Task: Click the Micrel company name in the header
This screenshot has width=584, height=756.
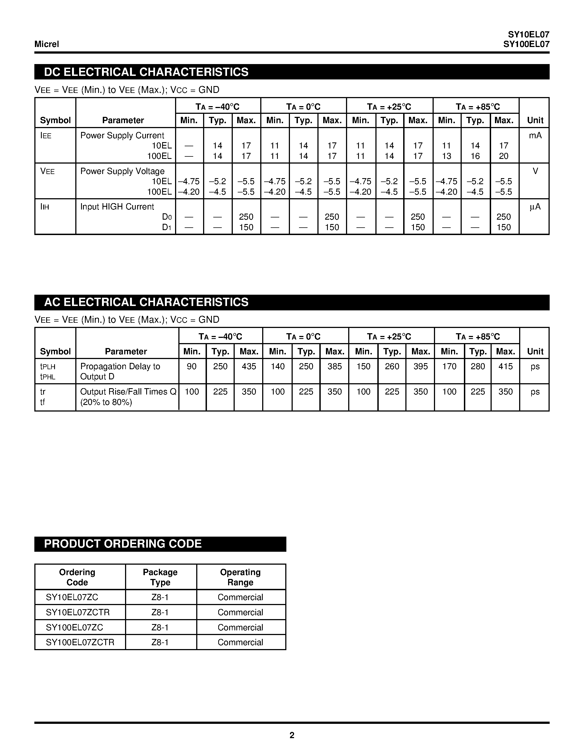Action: tap(47, 44)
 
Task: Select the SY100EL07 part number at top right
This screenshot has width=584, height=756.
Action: tap(526, 44)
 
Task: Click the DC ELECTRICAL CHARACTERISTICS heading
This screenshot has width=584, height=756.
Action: tap(146, 72)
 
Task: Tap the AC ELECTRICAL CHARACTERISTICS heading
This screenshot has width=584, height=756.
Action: tap(146, 302)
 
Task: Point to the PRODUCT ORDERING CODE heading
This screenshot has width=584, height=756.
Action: tap(123, 543)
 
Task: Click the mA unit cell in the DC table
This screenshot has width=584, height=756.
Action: tap(535, 135)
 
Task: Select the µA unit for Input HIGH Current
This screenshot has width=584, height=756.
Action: tap(535, 207)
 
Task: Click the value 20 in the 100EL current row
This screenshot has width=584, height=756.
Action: tap(503, 156)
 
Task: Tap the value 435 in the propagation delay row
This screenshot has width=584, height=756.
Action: tap(249, 366)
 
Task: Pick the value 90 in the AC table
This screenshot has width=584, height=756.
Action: tap(192, 366)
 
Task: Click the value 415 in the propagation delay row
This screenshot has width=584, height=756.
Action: tap(505, 366)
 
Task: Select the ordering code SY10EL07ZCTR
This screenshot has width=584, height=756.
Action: tap(78, 612)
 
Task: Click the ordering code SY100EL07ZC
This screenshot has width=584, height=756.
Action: tap(74, 627)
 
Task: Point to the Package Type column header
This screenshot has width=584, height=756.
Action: tap(160, 577)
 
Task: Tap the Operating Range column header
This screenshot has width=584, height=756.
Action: tap(240, 577)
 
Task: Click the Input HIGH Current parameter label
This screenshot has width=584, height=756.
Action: tap(117, 207)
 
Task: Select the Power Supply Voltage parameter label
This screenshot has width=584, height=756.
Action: tap(122, 171)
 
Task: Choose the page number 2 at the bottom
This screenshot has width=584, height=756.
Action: tap(292, 735)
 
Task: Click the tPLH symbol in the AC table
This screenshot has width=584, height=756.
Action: tap(48, 366)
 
